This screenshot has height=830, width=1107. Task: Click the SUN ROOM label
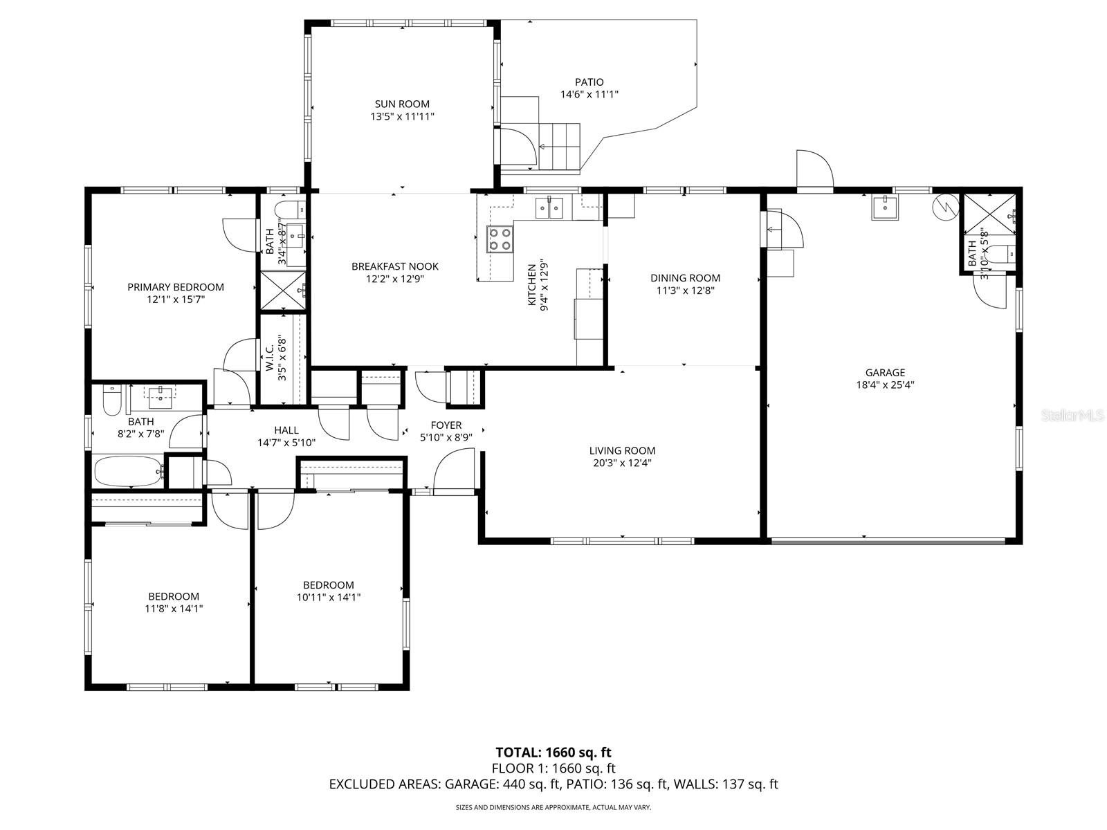click(402, 104)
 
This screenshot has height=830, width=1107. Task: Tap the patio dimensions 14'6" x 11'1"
click(589, 94)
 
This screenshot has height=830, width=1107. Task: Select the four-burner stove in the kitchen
click(500, 239)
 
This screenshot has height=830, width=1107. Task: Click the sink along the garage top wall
click(885, 207)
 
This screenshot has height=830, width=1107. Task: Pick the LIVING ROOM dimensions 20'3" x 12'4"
click(622, 463)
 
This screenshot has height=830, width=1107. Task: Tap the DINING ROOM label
click(685, 278)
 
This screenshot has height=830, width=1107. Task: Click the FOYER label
click(446, 425)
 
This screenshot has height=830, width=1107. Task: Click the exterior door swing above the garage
click(814, 169)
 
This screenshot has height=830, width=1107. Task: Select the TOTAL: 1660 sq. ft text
click(553, 753)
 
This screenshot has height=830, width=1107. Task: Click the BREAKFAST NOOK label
click(394, 266)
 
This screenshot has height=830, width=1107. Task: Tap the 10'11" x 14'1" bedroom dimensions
click(329, 597)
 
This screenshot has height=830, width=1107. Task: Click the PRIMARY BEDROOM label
click(175, 287)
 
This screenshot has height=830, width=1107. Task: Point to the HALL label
click(286, 430)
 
